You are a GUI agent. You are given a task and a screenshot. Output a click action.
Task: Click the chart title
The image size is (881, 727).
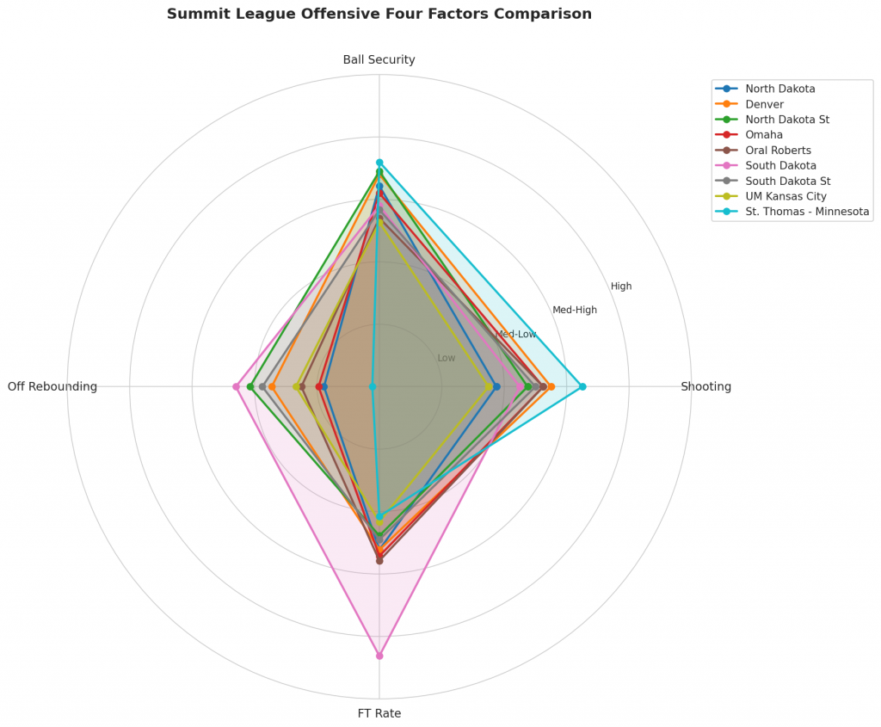[379, 15]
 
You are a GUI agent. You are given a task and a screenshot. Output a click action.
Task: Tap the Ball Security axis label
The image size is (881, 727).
[379, 60]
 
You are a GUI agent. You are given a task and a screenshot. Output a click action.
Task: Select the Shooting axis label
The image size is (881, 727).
[705, 387]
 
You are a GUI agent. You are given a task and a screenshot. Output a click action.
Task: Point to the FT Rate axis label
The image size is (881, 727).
[379, 713]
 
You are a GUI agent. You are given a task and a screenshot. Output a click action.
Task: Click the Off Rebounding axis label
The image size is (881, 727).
[52, 387]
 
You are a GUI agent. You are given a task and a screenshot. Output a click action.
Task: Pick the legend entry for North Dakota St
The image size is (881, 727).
[787, 120]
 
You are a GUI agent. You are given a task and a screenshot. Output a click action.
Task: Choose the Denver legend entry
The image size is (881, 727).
[764, 104]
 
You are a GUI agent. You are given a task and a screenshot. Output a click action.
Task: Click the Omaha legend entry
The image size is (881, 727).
[764, 135]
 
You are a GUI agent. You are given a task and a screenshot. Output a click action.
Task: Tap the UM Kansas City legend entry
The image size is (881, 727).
[786, 196]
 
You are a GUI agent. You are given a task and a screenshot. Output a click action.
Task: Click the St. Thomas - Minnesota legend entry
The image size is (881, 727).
[807, 212]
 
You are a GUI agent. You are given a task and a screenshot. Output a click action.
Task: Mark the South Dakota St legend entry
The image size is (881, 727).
[787, 181]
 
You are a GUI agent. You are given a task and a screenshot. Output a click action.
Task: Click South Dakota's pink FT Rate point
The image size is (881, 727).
[379, 656]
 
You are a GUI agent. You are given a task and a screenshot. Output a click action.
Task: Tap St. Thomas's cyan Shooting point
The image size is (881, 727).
[582, 386]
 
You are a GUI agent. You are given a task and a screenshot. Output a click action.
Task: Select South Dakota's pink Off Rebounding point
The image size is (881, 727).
[236, 386]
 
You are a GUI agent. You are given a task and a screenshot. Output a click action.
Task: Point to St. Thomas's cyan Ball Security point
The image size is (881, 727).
[379, 163]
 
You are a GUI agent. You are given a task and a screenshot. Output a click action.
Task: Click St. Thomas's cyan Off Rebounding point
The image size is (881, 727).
[373, 386]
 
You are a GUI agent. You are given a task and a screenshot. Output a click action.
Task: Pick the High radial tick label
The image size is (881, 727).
[621, 286]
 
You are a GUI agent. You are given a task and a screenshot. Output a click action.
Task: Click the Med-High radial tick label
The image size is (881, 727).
[575, 310]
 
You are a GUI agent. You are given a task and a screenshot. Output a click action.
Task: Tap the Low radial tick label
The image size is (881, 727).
[447, 358]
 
